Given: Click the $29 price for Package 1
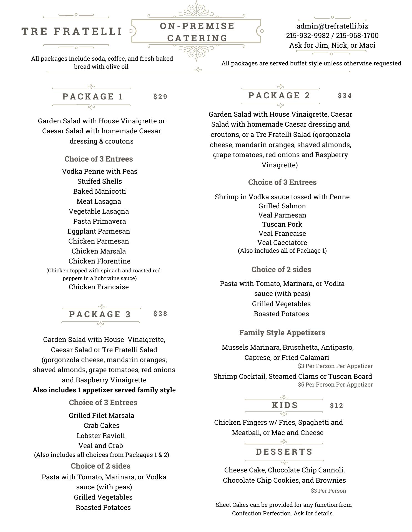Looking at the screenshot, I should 160,97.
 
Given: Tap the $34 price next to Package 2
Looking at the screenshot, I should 345,96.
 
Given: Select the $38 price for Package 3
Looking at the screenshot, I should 160,314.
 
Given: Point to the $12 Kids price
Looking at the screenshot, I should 336,406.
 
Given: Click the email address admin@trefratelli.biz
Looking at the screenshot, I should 332,26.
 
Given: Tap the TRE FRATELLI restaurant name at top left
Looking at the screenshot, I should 72,32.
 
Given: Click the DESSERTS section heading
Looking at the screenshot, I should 284,452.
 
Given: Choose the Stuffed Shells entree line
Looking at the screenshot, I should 99,181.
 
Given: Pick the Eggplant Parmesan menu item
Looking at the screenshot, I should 99,231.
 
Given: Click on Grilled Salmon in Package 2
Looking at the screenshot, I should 282,206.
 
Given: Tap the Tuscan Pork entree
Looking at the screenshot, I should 282,224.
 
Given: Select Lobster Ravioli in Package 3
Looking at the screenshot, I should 101,436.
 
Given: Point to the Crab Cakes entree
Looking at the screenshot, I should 101,425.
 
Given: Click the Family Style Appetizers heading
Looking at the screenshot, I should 282,332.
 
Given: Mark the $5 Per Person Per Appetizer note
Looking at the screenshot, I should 335,385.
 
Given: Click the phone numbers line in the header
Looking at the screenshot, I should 332,35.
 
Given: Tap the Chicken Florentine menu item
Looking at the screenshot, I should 99,261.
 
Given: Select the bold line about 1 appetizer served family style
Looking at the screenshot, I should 104,390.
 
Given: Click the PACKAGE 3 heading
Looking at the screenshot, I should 100,314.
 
